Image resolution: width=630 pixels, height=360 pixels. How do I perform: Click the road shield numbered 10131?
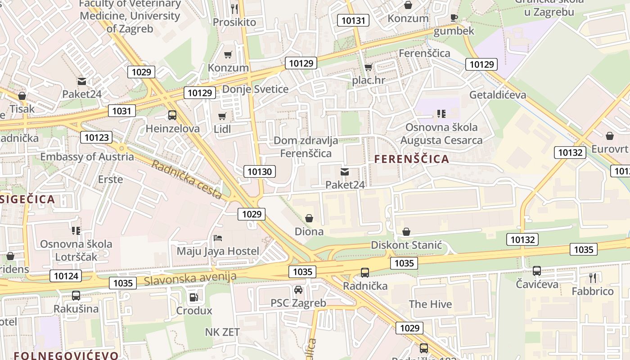[353, 20]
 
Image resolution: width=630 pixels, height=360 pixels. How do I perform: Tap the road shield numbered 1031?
[121, 111]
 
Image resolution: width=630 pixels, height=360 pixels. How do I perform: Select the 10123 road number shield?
[96, 137]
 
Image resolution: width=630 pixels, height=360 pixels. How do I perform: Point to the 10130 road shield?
[260, 171]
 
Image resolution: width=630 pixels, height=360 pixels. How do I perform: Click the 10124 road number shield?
[66, 276]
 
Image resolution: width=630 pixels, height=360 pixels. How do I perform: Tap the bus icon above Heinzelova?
[172, 115]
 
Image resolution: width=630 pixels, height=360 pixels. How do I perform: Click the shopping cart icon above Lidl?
[222, 117]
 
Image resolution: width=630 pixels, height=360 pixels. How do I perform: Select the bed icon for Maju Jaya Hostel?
[218, 238]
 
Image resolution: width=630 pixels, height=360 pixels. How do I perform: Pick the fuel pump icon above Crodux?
[193, 297]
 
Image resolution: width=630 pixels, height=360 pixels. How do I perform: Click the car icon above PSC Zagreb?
[298, 289]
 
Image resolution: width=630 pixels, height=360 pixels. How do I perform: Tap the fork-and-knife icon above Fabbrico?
[593, 278]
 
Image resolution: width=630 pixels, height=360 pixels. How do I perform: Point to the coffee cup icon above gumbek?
[454, 18]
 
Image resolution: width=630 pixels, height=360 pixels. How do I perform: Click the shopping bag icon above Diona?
[309, 218]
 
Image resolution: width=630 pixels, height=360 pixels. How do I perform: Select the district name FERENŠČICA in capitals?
[412, 159]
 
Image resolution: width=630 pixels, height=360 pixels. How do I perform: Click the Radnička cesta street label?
[186, 180]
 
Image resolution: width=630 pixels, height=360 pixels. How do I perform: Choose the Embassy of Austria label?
[87, 157]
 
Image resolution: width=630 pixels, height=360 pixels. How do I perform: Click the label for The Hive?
[430, 304]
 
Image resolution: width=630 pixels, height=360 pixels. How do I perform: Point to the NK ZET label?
[222, 332]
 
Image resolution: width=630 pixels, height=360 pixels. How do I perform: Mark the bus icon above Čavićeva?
[537, 271]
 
